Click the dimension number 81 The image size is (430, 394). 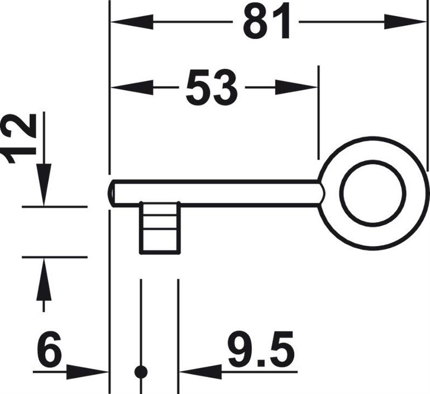pyautogui.click(x=266, y=22)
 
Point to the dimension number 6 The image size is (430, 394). pyautogui.click(x=50, y=350)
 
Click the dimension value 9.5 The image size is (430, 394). pyautogui.click(x=260, y=350)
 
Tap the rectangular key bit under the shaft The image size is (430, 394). pyautogui.click(x=160, y=228)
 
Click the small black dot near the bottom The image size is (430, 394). pyautogui.click(x=141, y=371)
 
